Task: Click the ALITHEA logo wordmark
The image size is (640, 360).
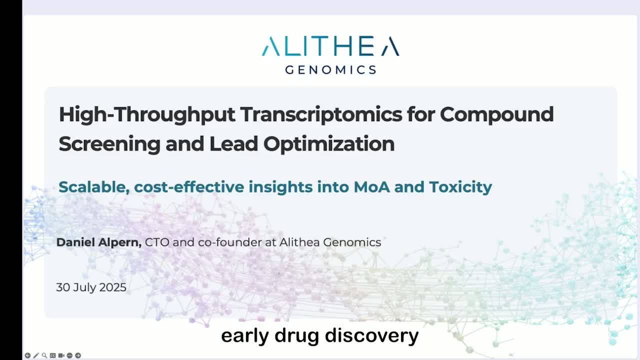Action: coord(330,46)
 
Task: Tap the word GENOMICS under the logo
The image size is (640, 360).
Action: coord(330,69)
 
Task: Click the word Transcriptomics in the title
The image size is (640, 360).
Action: coord(321,114)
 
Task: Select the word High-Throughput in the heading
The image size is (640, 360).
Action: coord(146,114)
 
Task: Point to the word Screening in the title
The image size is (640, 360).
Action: coord(108,144)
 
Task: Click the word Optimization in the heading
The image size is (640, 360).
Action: coord(329,144)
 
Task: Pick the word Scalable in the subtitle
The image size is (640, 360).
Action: coord(90,187)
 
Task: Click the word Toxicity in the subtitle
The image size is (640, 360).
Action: coord(460,187)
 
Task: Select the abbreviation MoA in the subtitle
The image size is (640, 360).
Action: coord(372,187)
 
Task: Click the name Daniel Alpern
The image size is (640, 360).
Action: coord(99,242)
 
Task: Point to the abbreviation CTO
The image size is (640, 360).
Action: coord(157,242)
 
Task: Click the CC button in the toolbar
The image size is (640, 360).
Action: coord(52,355)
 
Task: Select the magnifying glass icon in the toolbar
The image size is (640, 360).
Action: coord(44,355)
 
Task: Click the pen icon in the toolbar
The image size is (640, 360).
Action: coord(36,355)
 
